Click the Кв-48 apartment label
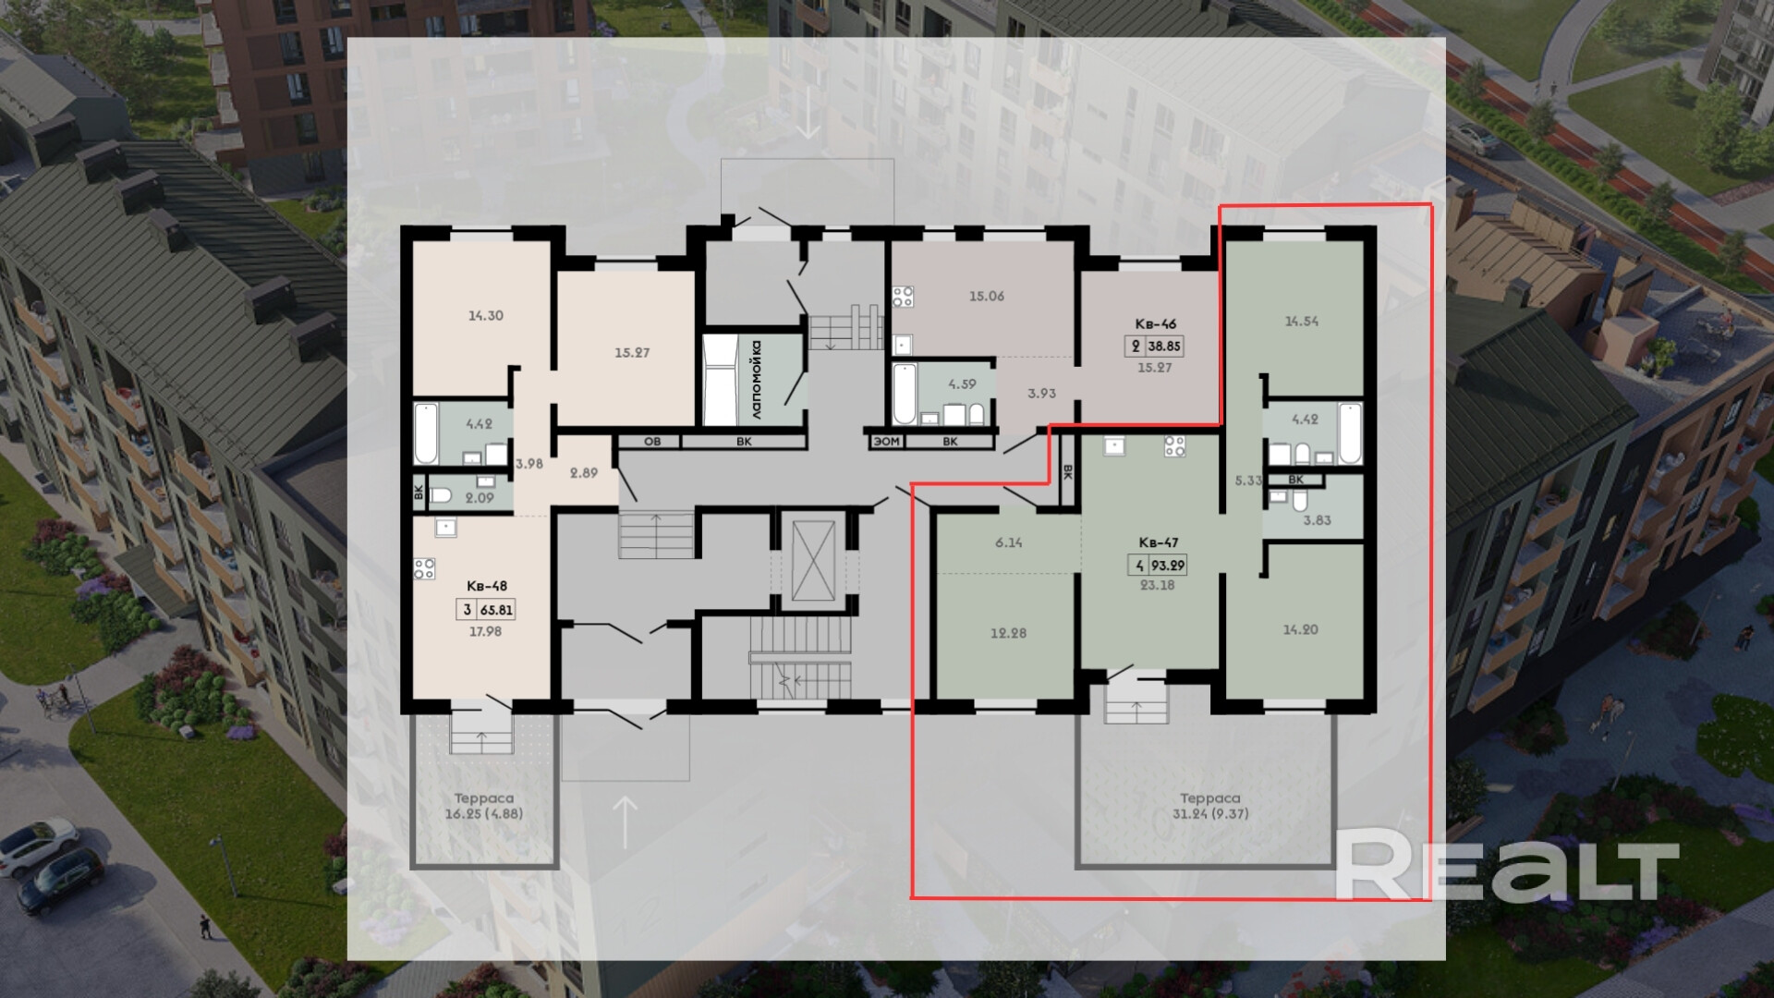tap(487, 586)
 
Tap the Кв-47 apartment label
tap(1158, 542)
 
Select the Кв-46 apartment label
tap(1156, 324)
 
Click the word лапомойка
tap(755, 380)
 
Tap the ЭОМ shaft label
tap(886, 442)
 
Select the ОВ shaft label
tap(651, 442)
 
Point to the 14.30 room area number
tap(485, 315)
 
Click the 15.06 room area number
tap(986, 296)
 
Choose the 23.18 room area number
tap(1157, 584)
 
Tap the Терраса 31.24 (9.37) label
tap(1210, 806)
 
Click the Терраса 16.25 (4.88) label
tap(484, 806)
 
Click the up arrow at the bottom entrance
tap(626, 822)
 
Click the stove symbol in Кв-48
tap(425, 568)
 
